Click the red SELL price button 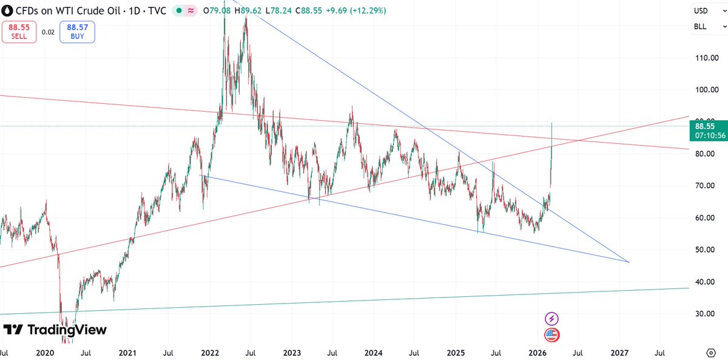click(19, 32)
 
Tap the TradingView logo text click(55, 330)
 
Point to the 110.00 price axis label click(708, 58)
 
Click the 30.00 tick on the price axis click(708, 314)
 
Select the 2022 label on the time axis click(210, 352)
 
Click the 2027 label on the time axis click(619, 352)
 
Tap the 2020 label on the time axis click(45, 352)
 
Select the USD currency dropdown click(709, 11)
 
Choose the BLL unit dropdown click(709, 27)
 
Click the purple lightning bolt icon click(551, 318)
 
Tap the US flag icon click(551, 335)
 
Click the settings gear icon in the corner click(712, 352)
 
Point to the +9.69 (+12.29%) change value click(357, 11)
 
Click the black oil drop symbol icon click(7, 11)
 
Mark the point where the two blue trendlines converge click(629, 262)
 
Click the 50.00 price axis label click(708, 250)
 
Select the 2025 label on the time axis click(456, 352)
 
